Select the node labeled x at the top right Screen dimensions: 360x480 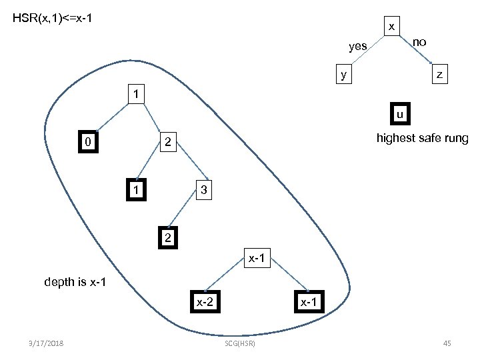(x=392, y=26)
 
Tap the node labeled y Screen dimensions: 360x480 (x=343, y=74)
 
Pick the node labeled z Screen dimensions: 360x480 (x=439, y=74)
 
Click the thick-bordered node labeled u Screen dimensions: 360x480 (x=399, y=114)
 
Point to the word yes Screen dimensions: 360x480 (x=358, y=46)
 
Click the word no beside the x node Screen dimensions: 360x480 (x=419, y=42)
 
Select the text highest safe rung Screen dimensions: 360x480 (x=422, y=139)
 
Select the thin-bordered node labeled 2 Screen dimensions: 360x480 (x=168, y=141)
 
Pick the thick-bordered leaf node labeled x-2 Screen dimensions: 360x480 (x=203, y=302)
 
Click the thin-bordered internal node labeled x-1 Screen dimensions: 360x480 (x=257, y=257)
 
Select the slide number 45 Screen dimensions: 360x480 (x=447, y=343)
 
